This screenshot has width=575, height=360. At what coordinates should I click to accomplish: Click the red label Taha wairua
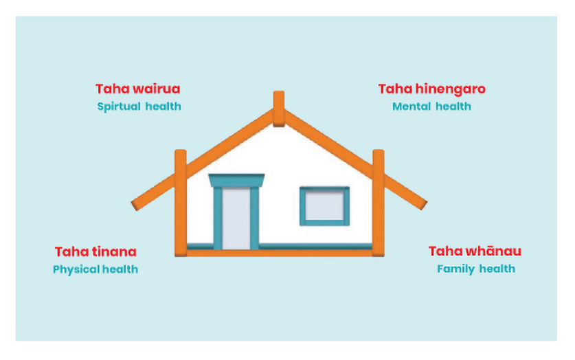pyautogui.click(x=138, y=89)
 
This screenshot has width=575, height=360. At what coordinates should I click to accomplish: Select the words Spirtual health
pyautogui.click(x=139, y=106)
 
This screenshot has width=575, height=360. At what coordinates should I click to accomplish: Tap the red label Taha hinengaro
pyautogui.click(x=431, y=89)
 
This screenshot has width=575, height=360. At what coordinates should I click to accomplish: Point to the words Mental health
pyautogui.click(x=431, y=106)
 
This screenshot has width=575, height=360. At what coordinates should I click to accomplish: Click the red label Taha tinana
pyautogui.click(x=95, y=252)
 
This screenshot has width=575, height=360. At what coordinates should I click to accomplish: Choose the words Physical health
pyautogui.click(x=95, y=269)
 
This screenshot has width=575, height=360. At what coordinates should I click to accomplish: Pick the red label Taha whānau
pyautogui.click(x=475, y=251)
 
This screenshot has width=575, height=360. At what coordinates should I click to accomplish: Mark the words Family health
pyautogui.click(x=476, y=269)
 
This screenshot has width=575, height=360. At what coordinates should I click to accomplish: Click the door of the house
pyautogui.click(x=236, y=218)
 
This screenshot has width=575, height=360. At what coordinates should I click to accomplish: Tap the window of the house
pyautogui.click(x=324, y=206)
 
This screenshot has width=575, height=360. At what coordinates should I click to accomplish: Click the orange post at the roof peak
pyautogui.click(x=279, y=109)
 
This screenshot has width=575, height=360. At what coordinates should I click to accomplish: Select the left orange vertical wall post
pyautogui.click(x=181, y=203)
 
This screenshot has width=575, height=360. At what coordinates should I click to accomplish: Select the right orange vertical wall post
pyautogui.click(x=379, y=203)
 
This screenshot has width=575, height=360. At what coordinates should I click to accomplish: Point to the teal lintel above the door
pyautogui.click(x=236, y=181)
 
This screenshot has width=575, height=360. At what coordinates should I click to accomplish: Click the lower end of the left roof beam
pyautogui.click(x=135, y=205)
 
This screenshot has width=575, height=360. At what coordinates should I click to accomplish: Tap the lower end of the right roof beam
pyautogui.click(x=422, y=205)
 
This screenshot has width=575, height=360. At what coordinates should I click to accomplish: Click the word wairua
pyautogui.click(x=156, y=89)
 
